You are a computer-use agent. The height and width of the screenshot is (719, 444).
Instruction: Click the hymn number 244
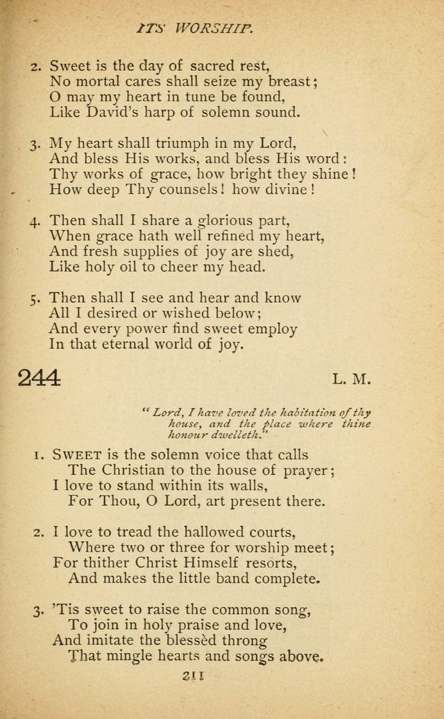[x=40, y=378]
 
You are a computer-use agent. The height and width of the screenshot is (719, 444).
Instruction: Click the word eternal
[x=131, y=345]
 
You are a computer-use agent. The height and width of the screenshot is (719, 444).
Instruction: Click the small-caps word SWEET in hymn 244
[x=78, y=455]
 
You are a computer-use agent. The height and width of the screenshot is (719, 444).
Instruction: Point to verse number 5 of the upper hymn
[x=35, y=299]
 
